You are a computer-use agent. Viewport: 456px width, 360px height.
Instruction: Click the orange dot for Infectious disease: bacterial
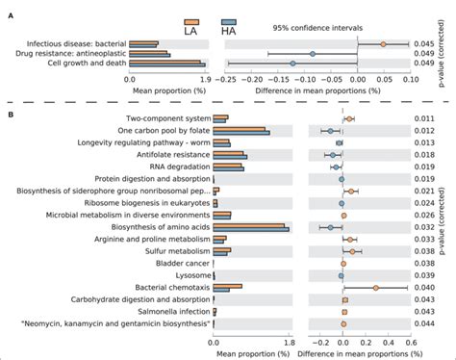383,43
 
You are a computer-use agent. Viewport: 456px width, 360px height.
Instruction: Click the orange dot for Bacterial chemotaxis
376,287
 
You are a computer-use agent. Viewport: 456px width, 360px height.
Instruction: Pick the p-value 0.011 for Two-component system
424,117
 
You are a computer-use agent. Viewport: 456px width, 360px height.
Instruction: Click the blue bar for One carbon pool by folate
241,133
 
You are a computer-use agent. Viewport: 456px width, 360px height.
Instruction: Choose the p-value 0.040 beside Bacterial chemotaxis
424,287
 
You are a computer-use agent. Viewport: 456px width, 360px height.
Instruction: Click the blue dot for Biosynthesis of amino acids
330,227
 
